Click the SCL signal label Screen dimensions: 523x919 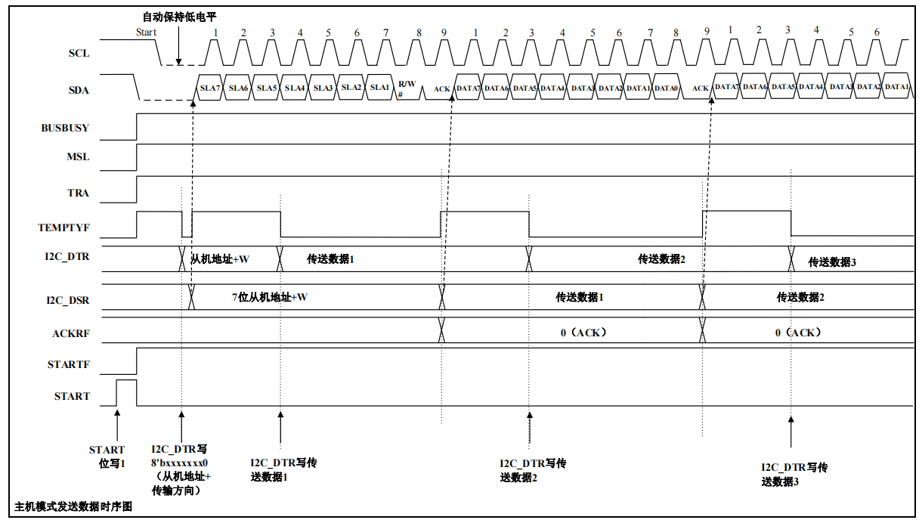pos(79,54)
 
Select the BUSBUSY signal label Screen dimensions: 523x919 pos(65,128)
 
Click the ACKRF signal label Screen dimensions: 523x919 pos(70,333)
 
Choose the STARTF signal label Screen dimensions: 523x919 pos(69,364)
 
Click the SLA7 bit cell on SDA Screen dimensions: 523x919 pos(209,88)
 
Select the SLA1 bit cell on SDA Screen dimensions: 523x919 pos(379,88)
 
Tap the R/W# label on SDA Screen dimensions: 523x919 pos(407,88)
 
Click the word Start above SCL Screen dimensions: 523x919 pos(146,32)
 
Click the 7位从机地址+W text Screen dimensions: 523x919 pos(269,297)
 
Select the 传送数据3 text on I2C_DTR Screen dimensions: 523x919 pos(832,262)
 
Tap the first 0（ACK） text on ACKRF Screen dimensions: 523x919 pos(583,332)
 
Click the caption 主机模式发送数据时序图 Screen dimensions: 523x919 pos(73,506)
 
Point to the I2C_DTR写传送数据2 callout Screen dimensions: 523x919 pos(533,470)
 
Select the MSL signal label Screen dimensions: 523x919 pos(78,157)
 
